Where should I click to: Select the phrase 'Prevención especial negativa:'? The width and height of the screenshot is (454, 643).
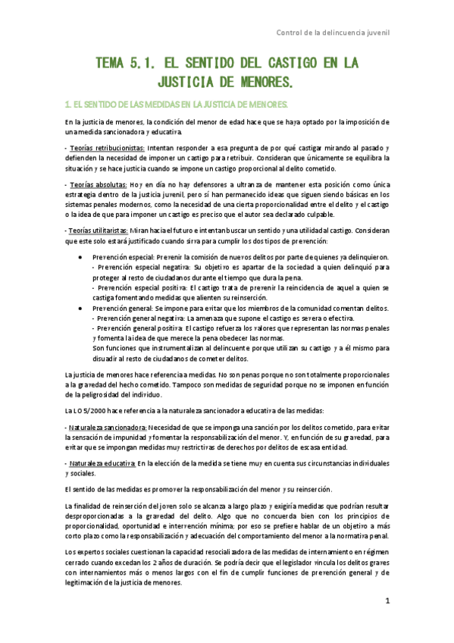tap(142, 268)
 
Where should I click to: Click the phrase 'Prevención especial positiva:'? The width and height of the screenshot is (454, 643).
tap(141, 288)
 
